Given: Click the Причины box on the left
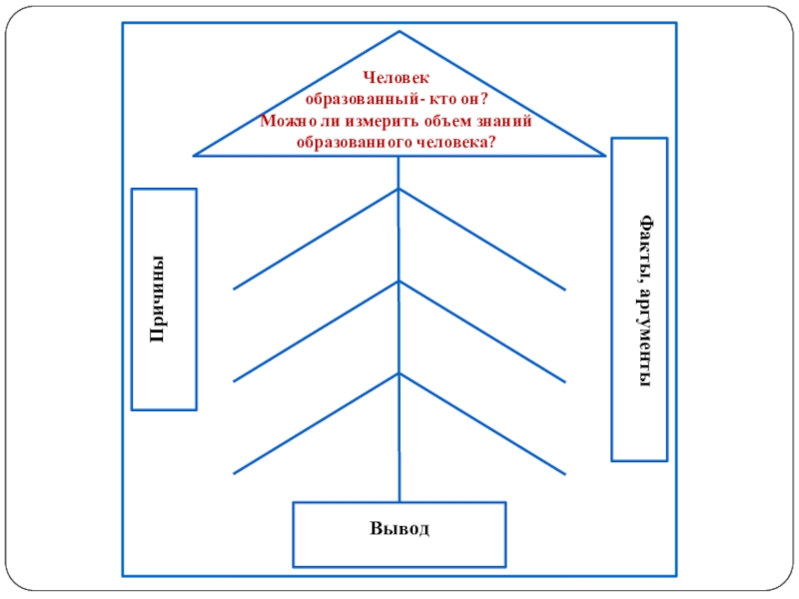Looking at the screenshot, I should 164,299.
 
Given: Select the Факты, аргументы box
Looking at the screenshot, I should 638,299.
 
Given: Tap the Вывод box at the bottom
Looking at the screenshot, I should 399,534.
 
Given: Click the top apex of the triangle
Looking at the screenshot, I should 399,32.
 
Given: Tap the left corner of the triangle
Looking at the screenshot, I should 196,155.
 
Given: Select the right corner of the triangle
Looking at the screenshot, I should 603,155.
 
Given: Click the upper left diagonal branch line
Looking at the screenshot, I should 316,239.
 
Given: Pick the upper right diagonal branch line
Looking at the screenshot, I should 482,239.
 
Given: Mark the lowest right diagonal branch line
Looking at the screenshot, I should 482,423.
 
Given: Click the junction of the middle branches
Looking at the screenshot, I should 399,282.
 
